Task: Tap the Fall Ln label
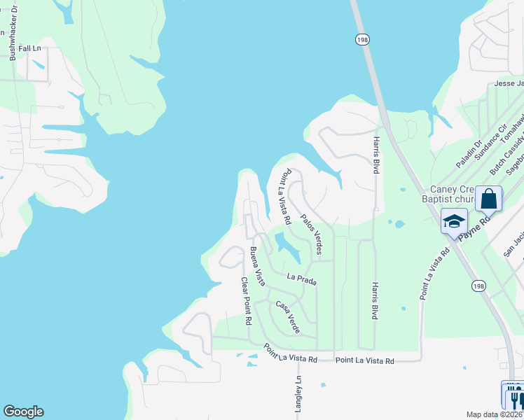tap(31, 48)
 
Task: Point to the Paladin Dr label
tap(469, 154)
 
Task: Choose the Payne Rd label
tap(475, 225)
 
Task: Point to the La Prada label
tap(302, 279)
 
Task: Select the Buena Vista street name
tap(258, 266)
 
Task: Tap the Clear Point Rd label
tap(246, 302)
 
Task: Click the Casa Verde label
tap(288, 316)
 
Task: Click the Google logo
tap(23, 412)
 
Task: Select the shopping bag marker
tap(489, 199)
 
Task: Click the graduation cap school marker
tap(453, 221)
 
